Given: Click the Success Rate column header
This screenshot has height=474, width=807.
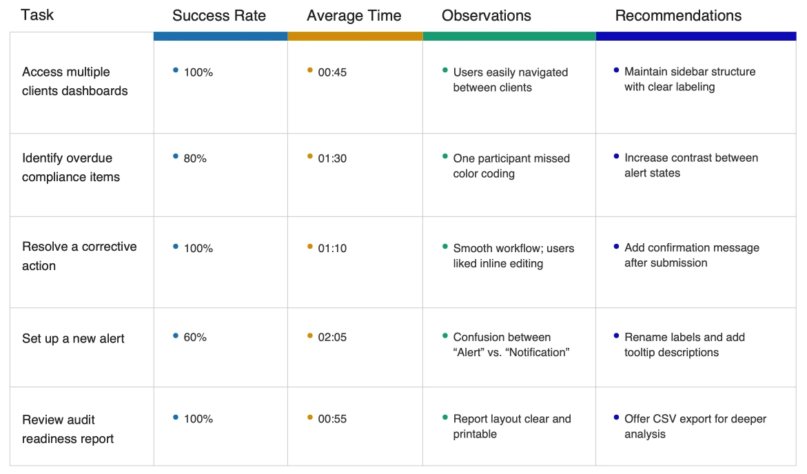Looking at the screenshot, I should click(x=219, y=16).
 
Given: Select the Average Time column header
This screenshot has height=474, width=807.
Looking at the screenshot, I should click(x=354, y=16).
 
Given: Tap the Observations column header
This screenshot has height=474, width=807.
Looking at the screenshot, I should click(x=487, y=16).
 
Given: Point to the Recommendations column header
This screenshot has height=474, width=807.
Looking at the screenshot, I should click(x=678, y=16).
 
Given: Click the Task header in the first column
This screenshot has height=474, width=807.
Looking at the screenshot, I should click(x=37, y=14).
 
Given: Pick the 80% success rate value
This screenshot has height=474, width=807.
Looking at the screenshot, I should click(x=195, y=158).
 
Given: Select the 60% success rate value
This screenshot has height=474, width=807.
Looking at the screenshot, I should click(x=195, y=338).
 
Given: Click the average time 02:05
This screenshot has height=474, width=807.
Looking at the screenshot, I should click(x=332, y=338).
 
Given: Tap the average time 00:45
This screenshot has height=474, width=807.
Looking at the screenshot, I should click(x=332, y=72).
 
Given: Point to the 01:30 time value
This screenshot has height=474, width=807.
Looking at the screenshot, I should click(x=332, y=158).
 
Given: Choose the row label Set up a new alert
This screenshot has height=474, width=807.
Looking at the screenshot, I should click(x=73, y=338).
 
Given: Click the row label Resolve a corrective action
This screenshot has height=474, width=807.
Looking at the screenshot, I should click(x=79, y=256).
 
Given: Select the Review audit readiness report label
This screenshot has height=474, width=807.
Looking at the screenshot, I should click(x=68, y=429).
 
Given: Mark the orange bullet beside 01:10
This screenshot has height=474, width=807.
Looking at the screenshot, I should click(x=310, y=246).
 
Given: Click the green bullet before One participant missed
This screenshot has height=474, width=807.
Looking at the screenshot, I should click(x=445, y=156).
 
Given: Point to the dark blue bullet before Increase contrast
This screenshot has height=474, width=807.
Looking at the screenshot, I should click(x=616, y=156).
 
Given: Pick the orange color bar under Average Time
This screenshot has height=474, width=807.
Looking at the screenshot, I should click(x=355, y=37).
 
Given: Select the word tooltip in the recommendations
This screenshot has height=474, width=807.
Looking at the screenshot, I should click(x=644, y=353).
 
